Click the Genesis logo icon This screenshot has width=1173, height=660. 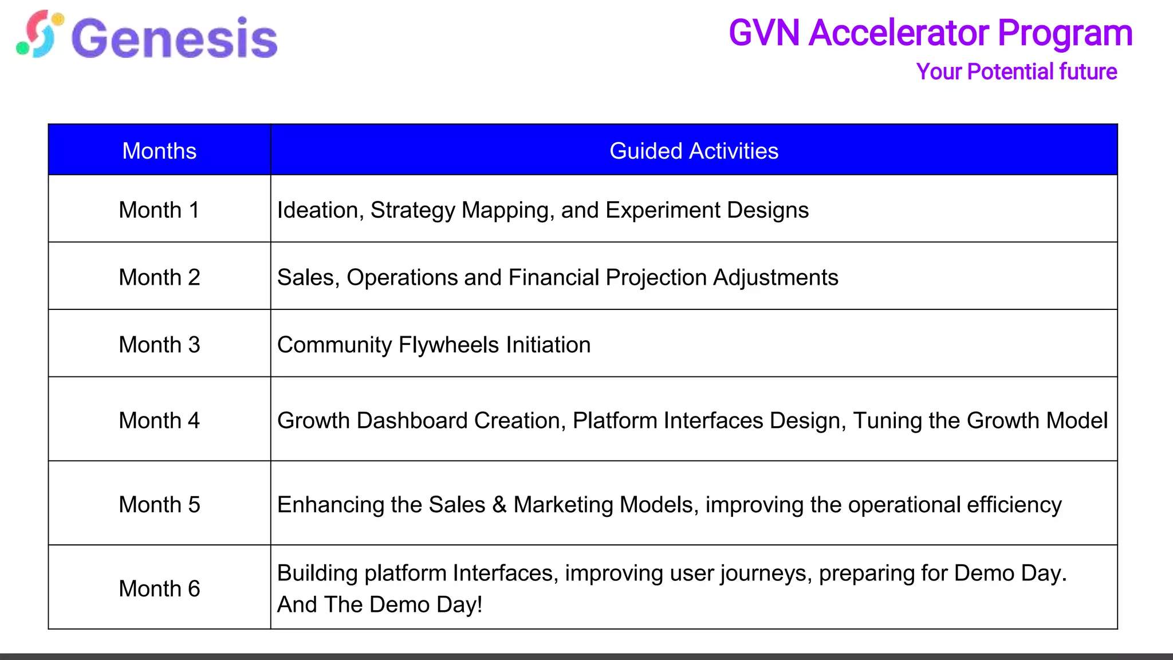[x=39, y=34]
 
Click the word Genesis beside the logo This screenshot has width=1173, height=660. [x=175, y=38]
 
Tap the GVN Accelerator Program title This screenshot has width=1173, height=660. [x=930, y=33]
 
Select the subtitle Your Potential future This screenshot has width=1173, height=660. [x=1016, y=72]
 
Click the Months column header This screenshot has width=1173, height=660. [x=159, y=151]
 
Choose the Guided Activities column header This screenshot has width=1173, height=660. [x=694, y=151]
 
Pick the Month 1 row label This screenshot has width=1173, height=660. [x=159, y=210]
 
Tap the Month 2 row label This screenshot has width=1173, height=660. [x=159, y=277]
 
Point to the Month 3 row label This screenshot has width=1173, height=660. [x=159, y=344]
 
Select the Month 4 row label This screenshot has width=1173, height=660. [x=159, y=420]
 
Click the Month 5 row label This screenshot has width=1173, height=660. [x=159, y=504]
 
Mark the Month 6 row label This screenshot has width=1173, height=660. [x=159, y=588]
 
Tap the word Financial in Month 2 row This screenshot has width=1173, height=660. [x=554, y=277]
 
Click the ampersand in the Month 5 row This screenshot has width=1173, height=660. [x=499, y=505]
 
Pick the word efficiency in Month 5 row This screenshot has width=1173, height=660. [x=1014, y=505]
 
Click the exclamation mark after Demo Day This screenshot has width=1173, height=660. [x=479, y=604]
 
